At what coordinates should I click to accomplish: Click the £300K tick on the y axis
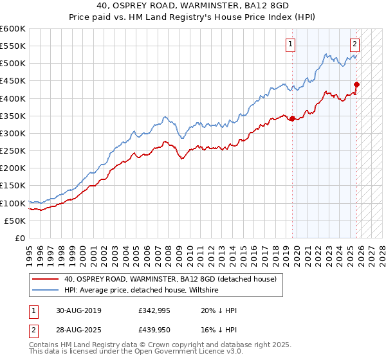pos(13,133)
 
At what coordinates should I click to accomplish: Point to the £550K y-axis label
pos(13,46)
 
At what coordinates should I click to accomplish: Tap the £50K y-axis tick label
pos(15,221)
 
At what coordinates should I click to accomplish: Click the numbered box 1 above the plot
pos(291,44)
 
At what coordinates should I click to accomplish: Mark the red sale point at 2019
pos(292,118)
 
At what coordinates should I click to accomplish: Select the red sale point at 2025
pos(356,84)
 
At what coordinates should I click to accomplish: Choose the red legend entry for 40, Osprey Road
pos(170,279)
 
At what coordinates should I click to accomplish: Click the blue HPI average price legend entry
pos(142,291)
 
